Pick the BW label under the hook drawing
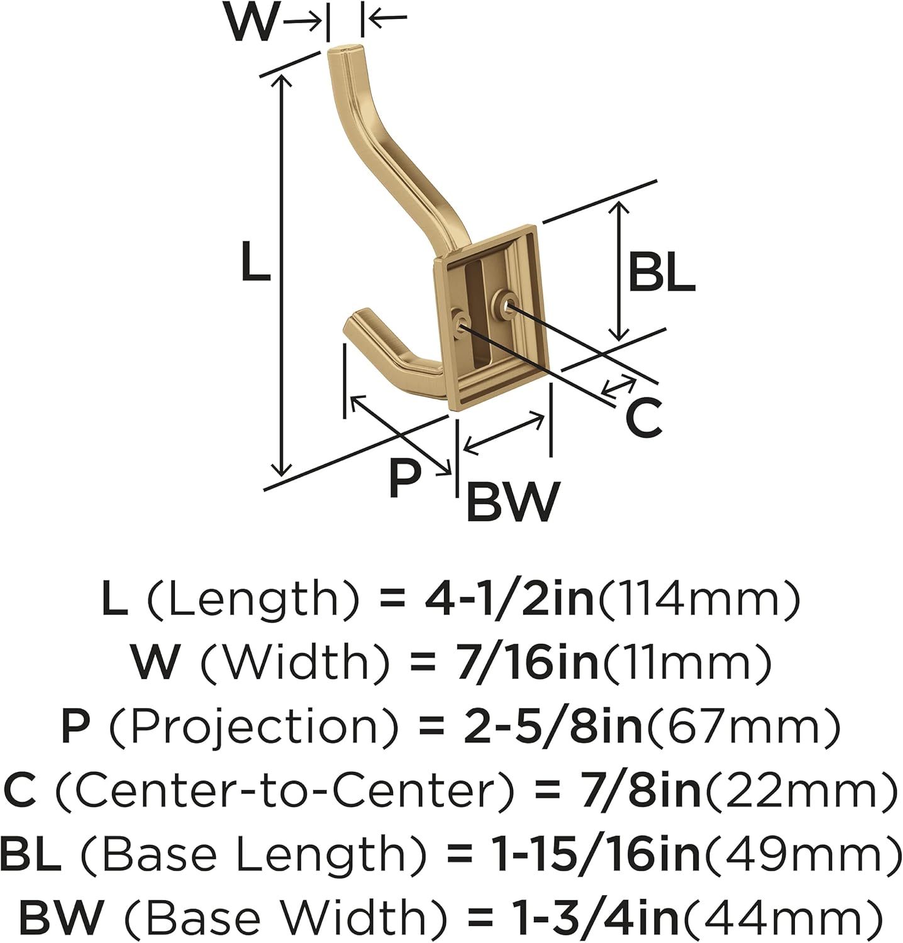click(512, 502)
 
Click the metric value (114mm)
click(699, 600)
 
